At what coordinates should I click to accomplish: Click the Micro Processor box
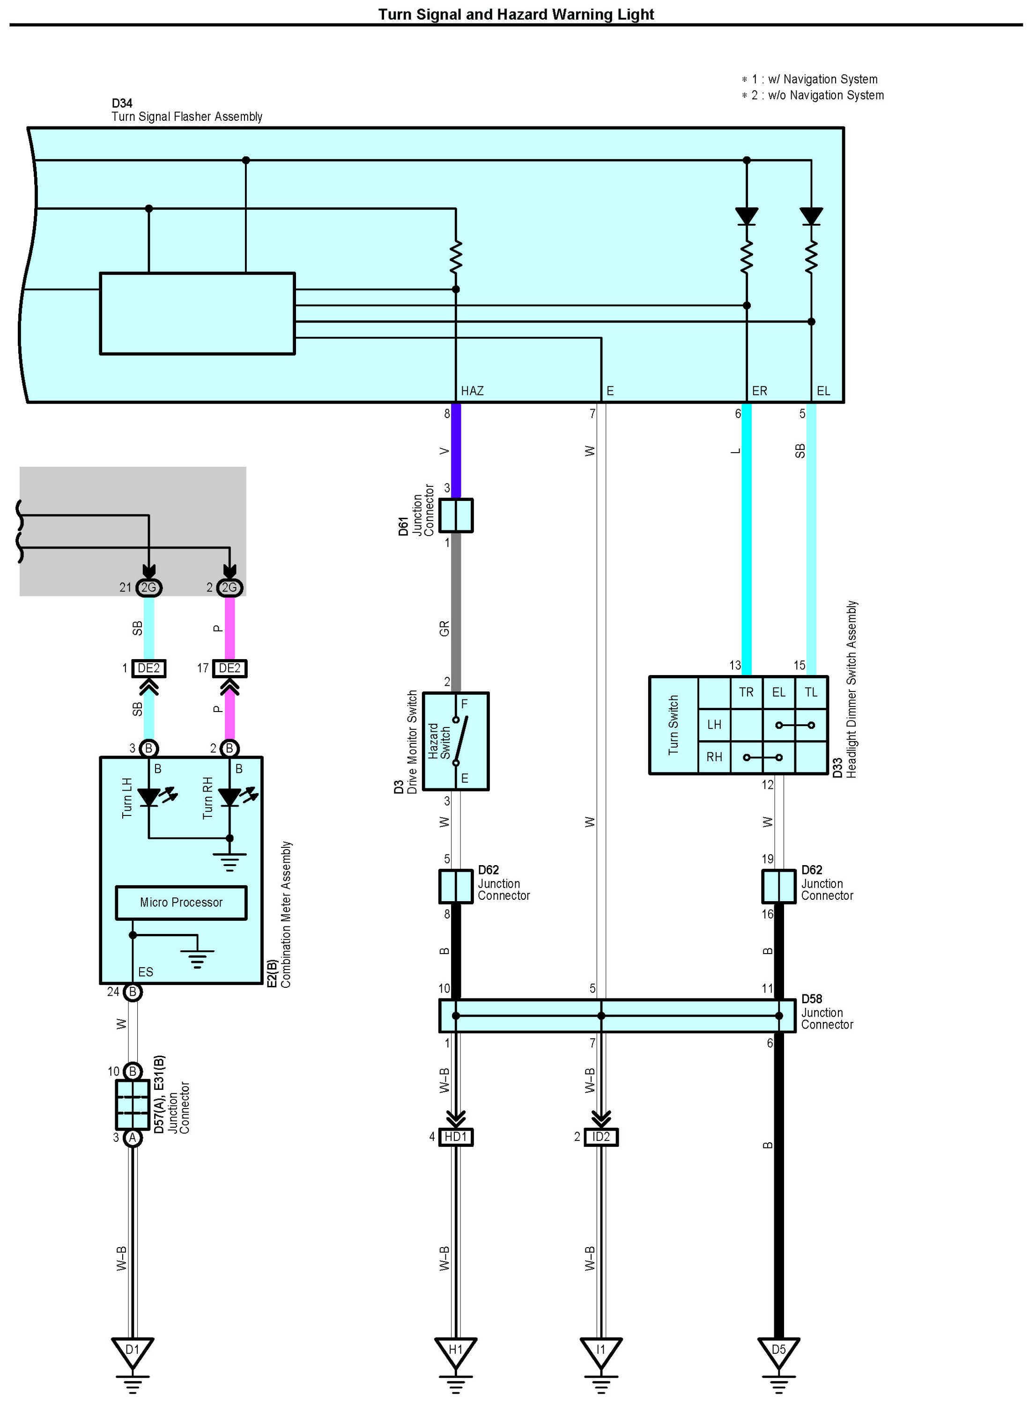[181, 902]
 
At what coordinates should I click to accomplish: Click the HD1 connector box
[455, 1137]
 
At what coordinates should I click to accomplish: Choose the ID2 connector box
[601, 1137]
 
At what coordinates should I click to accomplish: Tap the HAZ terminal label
[472, 391]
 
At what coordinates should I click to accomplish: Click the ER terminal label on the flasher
[759, 391]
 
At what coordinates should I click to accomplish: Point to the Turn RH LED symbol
[230, 797]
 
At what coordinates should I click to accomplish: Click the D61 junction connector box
[456, 515]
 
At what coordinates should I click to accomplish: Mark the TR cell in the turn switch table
[746, 692]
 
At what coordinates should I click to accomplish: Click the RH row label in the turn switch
[714, 757]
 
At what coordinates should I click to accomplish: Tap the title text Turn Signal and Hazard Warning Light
[516, 15]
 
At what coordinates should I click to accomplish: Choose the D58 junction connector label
[812, 999]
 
